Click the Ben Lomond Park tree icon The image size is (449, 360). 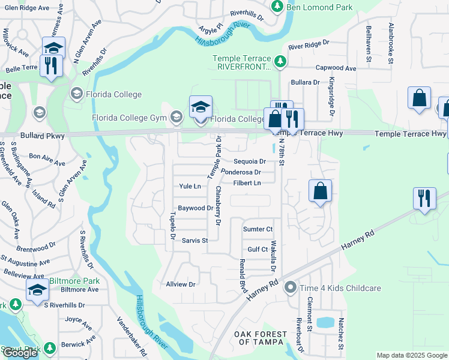click(x=277, y=6)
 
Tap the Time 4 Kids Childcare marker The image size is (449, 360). click(x=291, y=288)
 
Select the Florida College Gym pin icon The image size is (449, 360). click(x=176, y=116)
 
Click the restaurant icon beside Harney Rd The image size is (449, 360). click(x=424, y=198)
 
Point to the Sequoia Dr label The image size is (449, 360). click(x=250, y=161)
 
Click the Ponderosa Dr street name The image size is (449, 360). click(x=240, y=172)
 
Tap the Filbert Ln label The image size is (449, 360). click(x=247, y=183)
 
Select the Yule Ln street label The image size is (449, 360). click(x=190, y=187)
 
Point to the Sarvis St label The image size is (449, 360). click(x=194, y=241)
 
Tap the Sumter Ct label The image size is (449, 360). click(x=258, y=229)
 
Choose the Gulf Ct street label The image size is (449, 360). click(x=258, y=249)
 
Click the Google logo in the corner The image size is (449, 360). click(x=20, y=353)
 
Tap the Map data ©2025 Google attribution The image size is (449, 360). click(x=411, y=355)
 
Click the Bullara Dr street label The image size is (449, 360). click(x=305, y=82)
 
